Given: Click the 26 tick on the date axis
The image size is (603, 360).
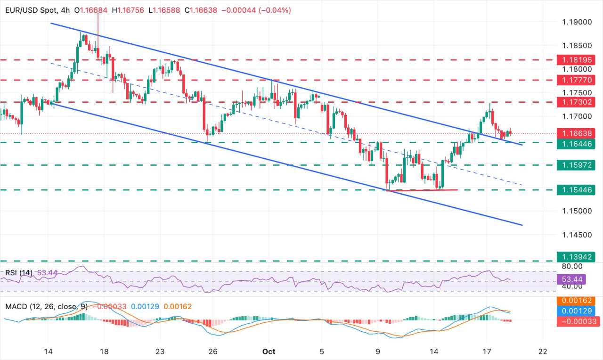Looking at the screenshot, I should point(212,351).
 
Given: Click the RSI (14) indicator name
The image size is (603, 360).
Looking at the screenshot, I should point(18,272).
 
